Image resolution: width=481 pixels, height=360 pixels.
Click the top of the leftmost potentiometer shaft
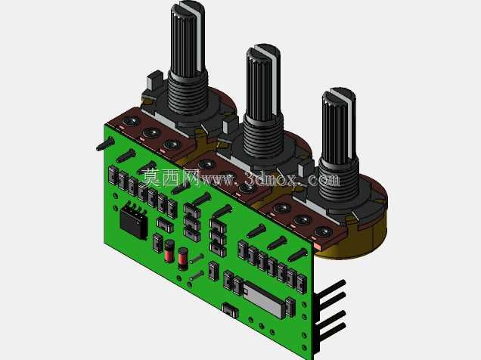point(188,7)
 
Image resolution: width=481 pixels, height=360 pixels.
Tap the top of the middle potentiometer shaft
point(264,51)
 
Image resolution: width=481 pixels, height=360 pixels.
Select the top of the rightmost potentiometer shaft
point(339,95)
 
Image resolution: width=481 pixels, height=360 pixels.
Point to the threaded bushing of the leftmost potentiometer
point(188,92)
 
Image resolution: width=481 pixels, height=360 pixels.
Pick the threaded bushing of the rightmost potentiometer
point(338,179)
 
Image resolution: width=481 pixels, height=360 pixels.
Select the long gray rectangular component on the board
point(265,299)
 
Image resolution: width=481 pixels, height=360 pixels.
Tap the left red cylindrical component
point(169,251)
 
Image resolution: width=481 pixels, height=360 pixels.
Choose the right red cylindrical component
point(183,259)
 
